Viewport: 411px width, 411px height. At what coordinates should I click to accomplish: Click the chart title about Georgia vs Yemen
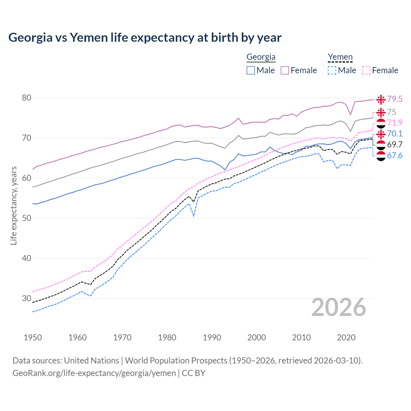145,38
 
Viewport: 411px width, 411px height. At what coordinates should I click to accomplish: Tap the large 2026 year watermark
338,307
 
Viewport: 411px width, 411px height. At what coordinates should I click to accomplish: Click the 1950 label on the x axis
33,337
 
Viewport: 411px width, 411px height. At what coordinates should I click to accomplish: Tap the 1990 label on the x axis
212,337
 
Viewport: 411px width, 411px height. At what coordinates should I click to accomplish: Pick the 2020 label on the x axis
346,337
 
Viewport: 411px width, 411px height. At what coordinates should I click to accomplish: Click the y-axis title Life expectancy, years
13,205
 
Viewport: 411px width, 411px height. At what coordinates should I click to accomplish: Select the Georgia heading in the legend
261,57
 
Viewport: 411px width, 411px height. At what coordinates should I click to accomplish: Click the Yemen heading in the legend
340,57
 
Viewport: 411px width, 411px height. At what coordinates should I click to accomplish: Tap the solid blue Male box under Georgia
251,70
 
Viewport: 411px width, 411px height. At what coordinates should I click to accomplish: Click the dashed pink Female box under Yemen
366,70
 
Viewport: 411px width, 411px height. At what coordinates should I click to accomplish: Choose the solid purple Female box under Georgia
285,70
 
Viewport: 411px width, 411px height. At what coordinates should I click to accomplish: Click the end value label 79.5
395,99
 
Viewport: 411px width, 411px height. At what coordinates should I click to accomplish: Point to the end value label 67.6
395,156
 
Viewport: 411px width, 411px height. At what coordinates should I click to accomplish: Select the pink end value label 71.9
395,123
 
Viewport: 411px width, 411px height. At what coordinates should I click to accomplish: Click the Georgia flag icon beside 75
381,112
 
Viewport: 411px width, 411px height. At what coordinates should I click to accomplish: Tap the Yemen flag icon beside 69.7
381,145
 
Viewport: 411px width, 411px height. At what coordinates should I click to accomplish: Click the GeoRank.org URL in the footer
94,373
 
